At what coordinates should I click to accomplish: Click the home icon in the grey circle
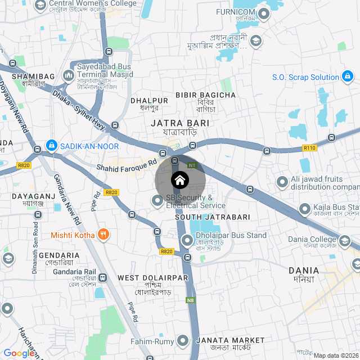coord(179,180)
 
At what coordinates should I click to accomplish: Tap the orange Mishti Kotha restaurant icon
coord(103,235)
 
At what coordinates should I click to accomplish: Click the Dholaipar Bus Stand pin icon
coord(187,241)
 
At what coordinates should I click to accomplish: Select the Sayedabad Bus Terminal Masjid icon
coord(69,74)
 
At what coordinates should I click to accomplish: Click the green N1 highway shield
coord(192,165)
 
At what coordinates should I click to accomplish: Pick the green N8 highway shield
coord(191,300)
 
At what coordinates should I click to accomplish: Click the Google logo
coord(18,353)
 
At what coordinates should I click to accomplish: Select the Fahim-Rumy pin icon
coord(183,341)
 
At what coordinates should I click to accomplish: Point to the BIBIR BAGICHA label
coord(206,95)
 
